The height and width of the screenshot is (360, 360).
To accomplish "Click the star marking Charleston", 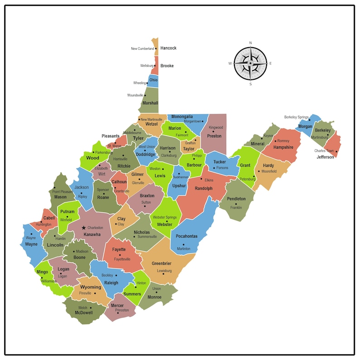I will click(83, 228).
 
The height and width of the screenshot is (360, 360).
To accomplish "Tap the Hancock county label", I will click(168, 48).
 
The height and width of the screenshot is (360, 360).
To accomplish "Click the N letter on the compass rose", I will click(250, 43).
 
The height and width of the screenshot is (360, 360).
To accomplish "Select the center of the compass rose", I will click(250, 63).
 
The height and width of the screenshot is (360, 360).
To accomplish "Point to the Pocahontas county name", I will click(187, 236).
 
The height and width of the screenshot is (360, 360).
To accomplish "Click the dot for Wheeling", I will click(148, 83).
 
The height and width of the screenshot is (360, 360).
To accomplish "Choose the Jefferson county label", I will click(325, 157).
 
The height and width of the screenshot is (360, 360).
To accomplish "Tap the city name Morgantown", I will click(192, 122).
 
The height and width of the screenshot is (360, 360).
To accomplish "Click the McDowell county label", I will click(83, 312).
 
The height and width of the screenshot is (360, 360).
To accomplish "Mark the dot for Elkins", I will click(201, 180).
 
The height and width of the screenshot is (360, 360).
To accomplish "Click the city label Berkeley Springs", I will click(296, 117).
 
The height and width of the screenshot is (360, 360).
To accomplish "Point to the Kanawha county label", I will click(92, 234).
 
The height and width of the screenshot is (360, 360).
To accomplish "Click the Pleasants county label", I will click(111, 136).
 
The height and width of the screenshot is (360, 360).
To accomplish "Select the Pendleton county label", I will click(236, 199).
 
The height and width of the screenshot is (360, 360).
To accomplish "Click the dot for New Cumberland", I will click(156, 49).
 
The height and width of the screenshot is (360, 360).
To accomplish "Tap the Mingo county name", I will click(42, 272).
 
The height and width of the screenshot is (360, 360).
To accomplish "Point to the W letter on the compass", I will click(230, 63).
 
